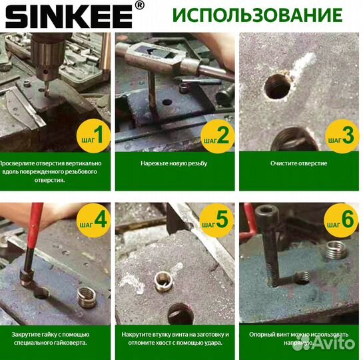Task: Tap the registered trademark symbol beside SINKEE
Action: (x=139, y=6)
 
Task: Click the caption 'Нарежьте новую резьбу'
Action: (x=175, y=163)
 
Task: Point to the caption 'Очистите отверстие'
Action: (x=299, y=163)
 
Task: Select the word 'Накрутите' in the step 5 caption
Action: (x=137, y=335)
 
